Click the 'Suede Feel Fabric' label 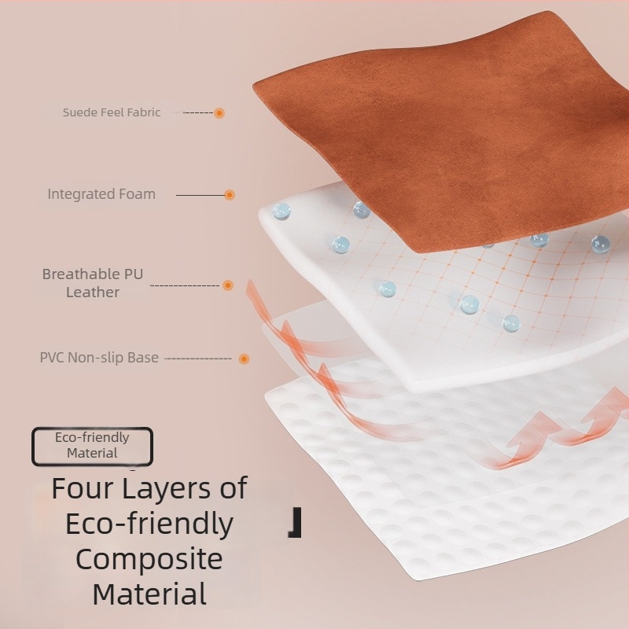coord(112,112)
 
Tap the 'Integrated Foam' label coord(101,194)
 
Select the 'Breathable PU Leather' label coord(93,283)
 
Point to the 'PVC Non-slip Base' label coord(99,358)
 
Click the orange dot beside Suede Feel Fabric coord(219,113)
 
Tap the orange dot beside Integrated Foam coord(230,195)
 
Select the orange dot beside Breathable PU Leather coord(228,285)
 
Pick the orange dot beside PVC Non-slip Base coord(244,359)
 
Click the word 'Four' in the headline coord(83,488)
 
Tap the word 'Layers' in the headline coord(167,489)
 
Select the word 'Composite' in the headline coord(149,560)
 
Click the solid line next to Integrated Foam coord(200,195)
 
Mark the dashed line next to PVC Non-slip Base coord(198,359)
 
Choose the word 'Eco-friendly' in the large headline coord(149,524)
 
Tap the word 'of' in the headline coord(234,487)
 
